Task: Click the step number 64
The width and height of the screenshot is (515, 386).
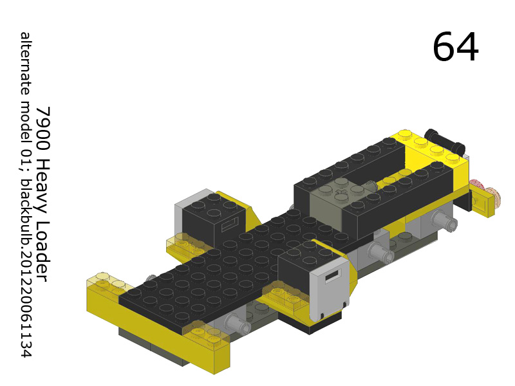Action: pyautogui.click(x=455, y=47)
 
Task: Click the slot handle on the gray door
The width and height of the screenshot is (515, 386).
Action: pyautogui.click(x=332, y=276)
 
